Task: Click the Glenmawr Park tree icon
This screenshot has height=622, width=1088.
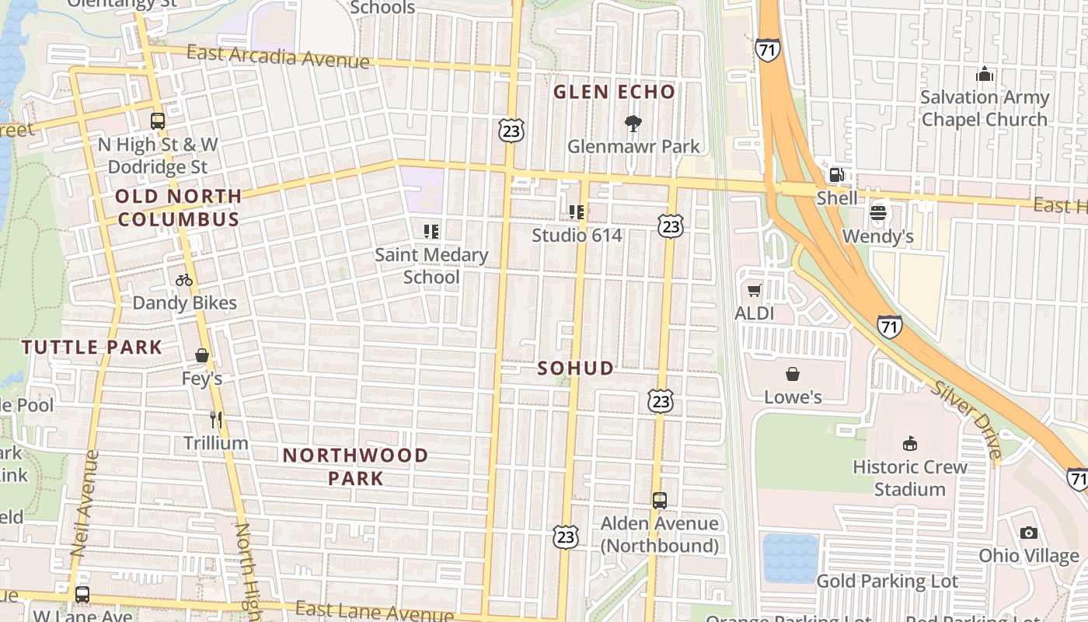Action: tap(633, 123)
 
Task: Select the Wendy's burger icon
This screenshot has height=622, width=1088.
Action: tap(878, 213)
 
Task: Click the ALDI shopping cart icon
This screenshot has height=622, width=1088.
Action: tap(754, 291)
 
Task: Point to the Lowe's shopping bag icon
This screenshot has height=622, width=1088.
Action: tap(793, 375)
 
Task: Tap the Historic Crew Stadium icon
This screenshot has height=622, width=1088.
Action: tap(909, 444)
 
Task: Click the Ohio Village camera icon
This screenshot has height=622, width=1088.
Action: tap(1029, 533)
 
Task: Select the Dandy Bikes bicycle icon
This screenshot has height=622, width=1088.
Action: tap(184, 280)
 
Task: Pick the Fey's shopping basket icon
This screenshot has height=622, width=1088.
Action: tap(202, 355)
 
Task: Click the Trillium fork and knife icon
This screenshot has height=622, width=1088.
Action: tap(216, 420)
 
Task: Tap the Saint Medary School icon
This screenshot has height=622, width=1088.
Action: tap(431, 231)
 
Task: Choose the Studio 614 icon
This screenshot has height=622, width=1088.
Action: tap(577, 211)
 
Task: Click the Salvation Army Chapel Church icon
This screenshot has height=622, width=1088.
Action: tap(985, 75)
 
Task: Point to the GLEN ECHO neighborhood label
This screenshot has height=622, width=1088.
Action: tap(614, 93)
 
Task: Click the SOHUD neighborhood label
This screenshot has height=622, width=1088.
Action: tap(576, 369)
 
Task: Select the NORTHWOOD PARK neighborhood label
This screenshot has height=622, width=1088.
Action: tap(355, 466)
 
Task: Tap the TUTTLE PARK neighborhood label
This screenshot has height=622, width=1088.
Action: tap(92, 348)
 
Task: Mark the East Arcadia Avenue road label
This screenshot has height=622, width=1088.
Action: tap(278, 57)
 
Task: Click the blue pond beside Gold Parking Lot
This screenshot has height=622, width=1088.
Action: tap(790, 557)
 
